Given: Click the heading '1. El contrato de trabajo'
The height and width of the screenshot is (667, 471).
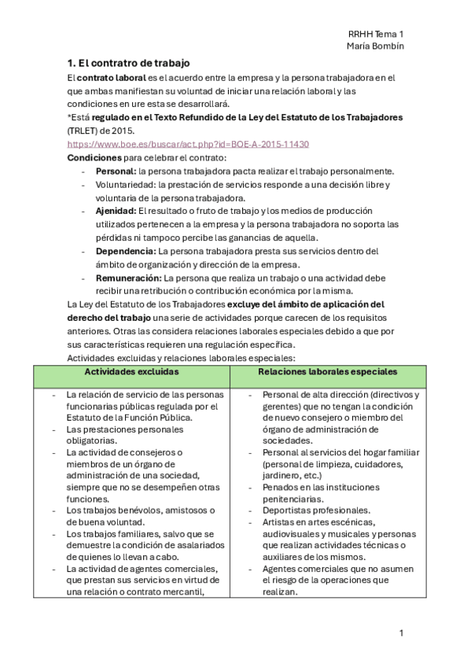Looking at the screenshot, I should coord(128,62).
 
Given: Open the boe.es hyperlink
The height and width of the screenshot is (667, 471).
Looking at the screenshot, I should coord(188,144).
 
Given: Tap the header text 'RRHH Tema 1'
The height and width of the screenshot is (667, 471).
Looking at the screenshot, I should coord(375,34).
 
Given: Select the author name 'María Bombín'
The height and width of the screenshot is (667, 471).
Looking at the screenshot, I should coord(375,46).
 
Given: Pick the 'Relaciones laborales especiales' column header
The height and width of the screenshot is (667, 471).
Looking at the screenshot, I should coord(327,371).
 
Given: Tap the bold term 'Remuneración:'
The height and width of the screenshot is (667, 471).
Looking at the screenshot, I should coord(129,278).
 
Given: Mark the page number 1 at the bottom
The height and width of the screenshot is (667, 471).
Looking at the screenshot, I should coord(401,632).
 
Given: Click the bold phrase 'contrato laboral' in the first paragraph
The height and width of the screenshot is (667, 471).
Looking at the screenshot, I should coord(111,77).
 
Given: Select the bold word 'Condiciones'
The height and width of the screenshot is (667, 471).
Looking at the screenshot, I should coord(94,157).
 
